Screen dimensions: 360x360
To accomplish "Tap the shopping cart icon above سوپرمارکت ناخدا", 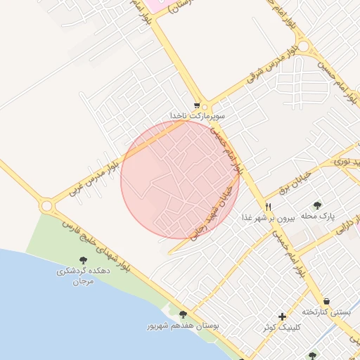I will (198, 103).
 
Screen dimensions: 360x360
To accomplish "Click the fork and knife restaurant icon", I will (269, 206).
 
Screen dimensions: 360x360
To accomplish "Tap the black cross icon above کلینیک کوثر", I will (282, 316).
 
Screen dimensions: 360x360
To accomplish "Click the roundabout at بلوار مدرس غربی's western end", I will (47, 205).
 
